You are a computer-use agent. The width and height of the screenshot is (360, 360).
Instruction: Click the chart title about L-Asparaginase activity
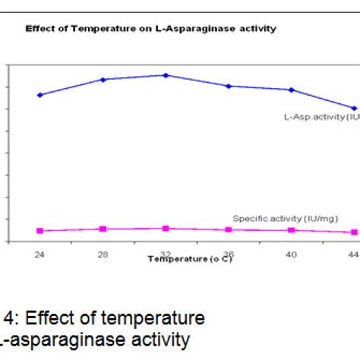tap(150, 28)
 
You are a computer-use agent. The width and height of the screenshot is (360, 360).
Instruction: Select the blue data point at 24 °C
tap(40, 95)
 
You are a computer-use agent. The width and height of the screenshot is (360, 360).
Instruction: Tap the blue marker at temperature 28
tap(103, 79)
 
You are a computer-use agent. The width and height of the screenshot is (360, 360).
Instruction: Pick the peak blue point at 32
tap(166, 75)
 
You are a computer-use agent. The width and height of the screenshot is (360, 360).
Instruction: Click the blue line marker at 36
tap(229, 86)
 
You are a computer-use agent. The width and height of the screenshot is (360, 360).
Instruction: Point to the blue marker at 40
tap(291, 90)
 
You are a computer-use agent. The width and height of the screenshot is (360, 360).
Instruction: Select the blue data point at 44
tap(353, 108)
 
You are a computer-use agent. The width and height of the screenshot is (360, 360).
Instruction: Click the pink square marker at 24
tap(40, 231)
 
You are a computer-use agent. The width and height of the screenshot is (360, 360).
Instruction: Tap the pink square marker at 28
tap(103, 229)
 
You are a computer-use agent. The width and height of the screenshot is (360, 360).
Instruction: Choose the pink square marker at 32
tap(166, 228)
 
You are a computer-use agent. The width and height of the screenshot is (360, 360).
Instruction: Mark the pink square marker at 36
tap(229, 229)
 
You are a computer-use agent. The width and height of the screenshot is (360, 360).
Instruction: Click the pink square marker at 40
tap(291, 230)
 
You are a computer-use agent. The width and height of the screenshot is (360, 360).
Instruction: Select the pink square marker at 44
tap(353, 232)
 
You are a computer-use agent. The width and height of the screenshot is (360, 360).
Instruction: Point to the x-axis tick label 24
tap(39, 254)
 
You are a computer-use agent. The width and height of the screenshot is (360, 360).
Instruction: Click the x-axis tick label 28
tap(103, 254)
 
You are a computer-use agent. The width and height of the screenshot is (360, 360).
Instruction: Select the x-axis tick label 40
tap(291, 254)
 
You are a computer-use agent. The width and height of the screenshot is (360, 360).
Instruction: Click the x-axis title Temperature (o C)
tap(190, 259)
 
